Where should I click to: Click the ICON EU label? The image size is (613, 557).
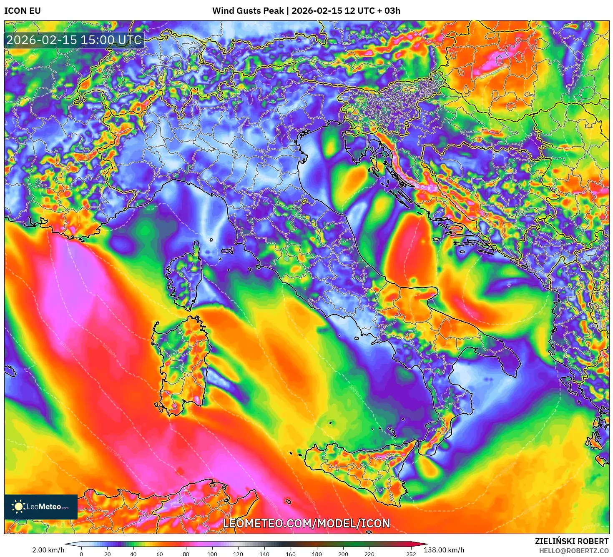pos(23,11)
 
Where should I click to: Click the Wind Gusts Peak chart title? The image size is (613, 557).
pos(306,11)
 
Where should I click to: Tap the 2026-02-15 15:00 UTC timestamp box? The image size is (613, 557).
pos(74,40)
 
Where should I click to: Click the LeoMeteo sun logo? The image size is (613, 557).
pos(18,507)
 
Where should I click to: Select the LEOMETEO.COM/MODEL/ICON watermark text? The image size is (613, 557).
pos(306,523)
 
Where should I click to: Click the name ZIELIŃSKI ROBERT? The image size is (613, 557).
pos(572,541)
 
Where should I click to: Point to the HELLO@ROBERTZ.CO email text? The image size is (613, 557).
pos(573,551)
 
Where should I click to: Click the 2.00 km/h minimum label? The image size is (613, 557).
pos(48,550)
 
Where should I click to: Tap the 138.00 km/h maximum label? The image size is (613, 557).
pos(444,550)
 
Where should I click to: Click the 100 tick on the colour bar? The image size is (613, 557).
pos(212,554)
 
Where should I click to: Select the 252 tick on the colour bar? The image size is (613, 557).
pos(411,554)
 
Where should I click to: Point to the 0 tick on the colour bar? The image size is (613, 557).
pos(81,554)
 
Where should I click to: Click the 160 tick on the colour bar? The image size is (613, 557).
pos(291,554)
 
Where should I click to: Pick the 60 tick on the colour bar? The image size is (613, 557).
pos(160,554)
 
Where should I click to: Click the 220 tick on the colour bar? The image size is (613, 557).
pos(369,554)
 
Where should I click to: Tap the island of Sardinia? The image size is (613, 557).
pos(181,362)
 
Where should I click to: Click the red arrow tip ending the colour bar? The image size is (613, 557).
pos(425,544)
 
